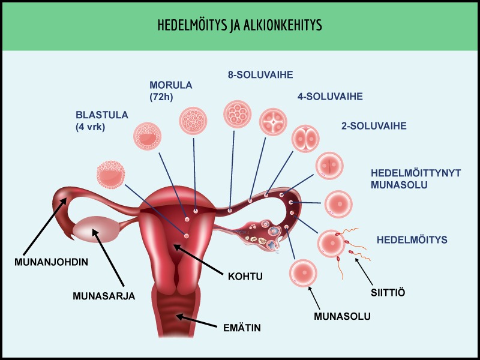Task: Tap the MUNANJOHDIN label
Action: (51, 262)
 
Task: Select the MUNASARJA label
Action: (104, 296)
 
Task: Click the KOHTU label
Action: (245, 277)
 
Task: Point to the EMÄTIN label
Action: (242, 328)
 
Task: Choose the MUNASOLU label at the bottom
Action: (342, 316)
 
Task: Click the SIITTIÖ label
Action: (388, 293)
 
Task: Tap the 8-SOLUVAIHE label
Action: (260, 74)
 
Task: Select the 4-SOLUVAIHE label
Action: (330, 97)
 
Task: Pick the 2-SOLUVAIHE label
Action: (374, 126)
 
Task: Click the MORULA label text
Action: (171, 85)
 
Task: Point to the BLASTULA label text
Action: (102, 115)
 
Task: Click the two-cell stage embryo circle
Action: (305, 139)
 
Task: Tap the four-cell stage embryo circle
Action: (273, 122)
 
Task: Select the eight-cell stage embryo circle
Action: (238, 114)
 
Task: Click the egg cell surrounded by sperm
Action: (332, 244)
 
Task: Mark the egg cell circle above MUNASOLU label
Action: (304, 273)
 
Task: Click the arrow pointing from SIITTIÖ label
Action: (364, 272)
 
